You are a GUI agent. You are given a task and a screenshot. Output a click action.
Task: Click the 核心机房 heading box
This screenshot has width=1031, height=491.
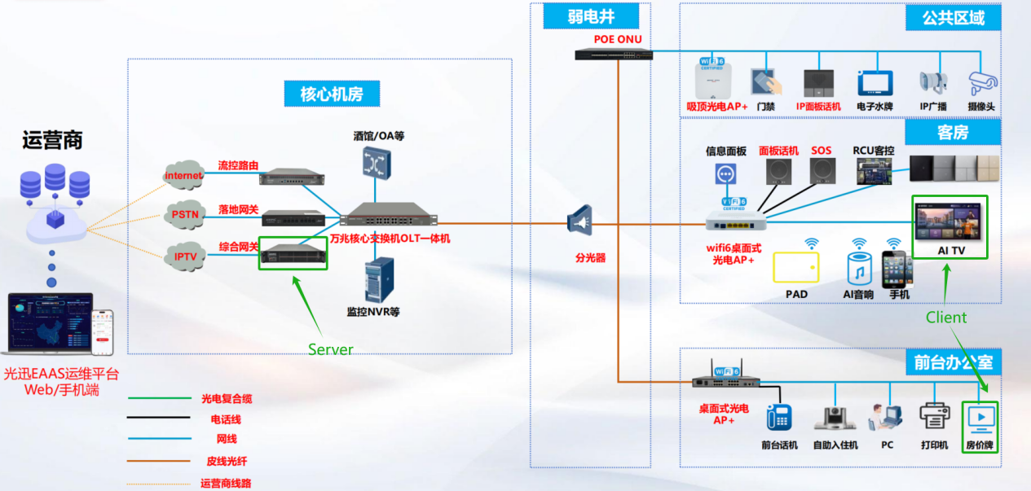[332, 94]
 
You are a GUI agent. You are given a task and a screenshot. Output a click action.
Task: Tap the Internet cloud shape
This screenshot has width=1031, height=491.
[183, 175]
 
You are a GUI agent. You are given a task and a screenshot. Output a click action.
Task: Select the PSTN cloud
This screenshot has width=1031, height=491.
[183, 214]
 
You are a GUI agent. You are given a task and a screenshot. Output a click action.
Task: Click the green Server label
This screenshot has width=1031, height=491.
[330, 349]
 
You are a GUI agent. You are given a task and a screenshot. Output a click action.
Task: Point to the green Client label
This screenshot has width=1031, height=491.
[946, 318]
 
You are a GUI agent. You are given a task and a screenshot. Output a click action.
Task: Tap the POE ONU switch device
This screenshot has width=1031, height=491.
[608, 55]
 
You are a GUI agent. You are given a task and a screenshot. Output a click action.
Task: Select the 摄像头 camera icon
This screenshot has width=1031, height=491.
[982, 83]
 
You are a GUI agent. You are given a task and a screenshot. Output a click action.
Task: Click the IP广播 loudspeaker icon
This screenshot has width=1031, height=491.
[933, 82]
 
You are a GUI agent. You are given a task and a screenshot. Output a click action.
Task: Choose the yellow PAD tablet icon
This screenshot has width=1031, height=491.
[795, 267]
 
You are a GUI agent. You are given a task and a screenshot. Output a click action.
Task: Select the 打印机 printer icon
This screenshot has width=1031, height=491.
[935, 416]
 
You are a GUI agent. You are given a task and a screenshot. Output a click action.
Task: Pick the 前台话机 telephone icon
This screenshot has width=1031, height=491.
[778, 416]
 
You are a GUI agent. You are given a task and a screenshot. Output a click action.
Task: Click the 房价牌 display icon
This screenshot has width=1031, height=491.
[980, 417]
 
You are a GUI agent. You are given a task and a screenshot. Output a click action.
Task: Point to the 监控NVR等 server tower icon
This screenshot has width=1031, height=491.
[378, 279]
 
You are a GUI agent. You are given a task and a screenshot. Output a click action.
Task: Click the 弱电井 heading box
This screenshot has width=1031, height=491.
[591, 16]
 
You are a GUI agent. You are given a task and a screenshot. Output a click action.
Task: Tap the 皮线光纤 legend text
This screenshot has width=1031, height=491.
[220, 461]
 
